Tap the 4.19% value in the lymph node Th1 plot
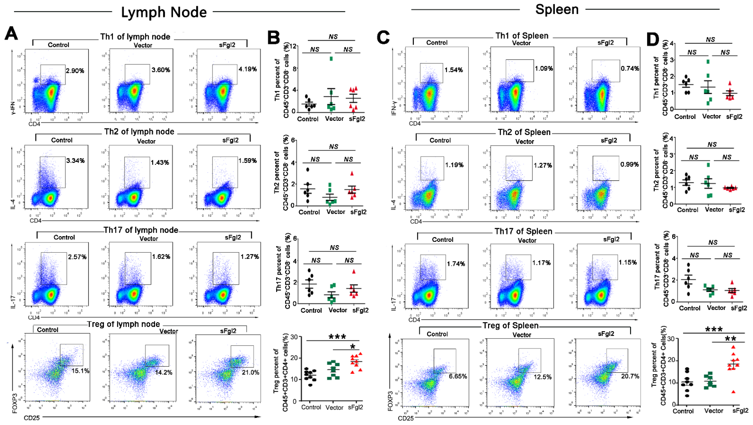click(x=248, y=69)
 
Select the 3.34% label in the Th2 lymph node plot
click(x=75, y=161)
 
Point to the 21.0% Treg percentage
click(x=250, y=372)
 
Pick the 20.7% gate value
click(x=630, y=376)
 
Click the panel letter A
click(x=11, y=33)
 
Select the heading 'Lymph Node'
click(x=164, y=12)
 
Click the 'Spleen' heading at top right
click(x=557, y=9)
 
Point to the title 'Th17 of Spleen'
click(x=523, y=231)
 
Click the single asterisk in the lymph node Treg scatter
click(x=353, y=347)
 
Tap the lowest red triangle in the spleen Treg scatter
click(x=733, y=392)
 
